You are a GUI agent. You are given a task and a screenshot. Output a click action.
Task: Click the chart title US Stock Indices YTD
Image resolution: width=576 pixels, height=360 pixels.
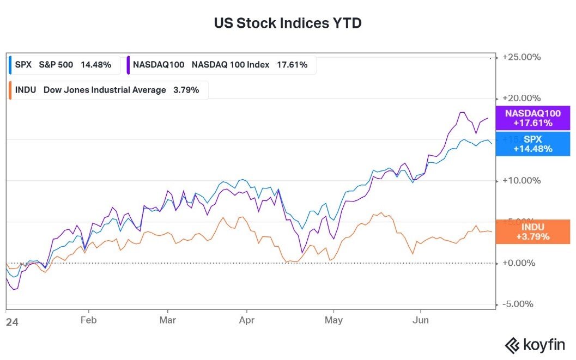click(x=288, y=23)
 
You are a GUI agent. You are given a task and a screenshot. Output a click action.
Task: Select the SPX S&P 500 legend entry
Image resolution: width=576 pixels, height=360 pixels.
click(x=64, y=65)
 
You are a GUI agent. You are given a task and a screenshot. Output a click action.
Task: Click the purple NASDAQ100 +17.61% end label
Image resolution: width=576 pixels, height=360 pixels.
click(x=532, y=118)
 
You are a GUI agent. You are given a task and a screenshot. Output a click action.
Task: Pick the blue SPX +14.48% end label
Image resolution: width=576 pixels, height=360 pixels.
click(x=532, y=144)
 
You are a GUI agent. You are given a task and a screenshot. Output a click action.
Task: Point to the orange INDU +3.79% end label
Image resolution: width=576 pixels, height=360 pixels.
click(x=532, y=231)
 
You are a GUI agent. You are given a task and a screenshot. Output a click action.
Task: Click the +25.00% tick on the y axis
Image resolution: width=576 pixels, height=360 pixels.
click(x=522, y=57)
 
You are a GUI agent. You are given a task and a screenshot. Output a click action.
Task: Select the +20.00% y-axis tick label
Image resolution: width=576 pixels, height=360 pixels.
click(x=522, y=98)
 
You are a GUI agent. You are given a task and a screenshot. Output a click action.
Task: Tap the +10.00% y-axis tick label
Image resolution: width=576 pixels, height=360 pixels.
click(x=522, y=181)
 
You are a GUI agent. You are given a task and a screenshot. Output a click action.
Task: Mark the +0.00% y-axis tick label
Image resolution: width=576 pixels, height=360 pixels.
click(x=522, y=263)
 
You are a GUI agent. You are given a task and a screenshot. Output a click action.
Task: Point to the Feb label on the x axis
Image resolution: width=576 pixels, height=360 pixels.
click(x=88, y=320)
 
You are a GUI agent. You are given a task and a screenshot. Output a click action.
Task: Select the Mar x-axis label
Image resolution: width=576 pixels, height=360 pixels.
click(x=168, y=320)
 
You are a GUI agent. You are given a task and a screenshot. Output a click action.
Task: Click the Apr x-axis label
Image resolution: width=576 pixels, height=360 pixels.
click(x=247, y=320)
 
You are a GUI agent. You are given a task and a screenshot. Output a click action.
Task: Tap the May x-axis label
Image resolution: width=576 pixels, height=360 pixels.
click(x=334, y=320)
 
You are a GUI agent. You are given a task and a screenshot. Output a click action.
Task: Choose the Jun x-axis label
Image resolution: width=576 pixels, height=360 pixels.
click(x=420, y=320)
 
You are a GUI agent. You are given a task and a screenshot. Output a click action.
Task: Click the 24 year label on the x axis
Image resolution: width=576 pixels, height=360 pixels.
click(x=12, y=322)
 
